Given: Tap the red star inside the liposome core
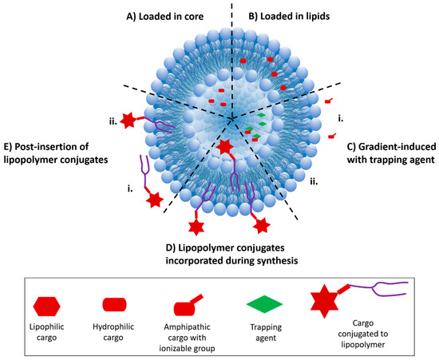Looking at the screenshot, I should pos(225,148).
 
